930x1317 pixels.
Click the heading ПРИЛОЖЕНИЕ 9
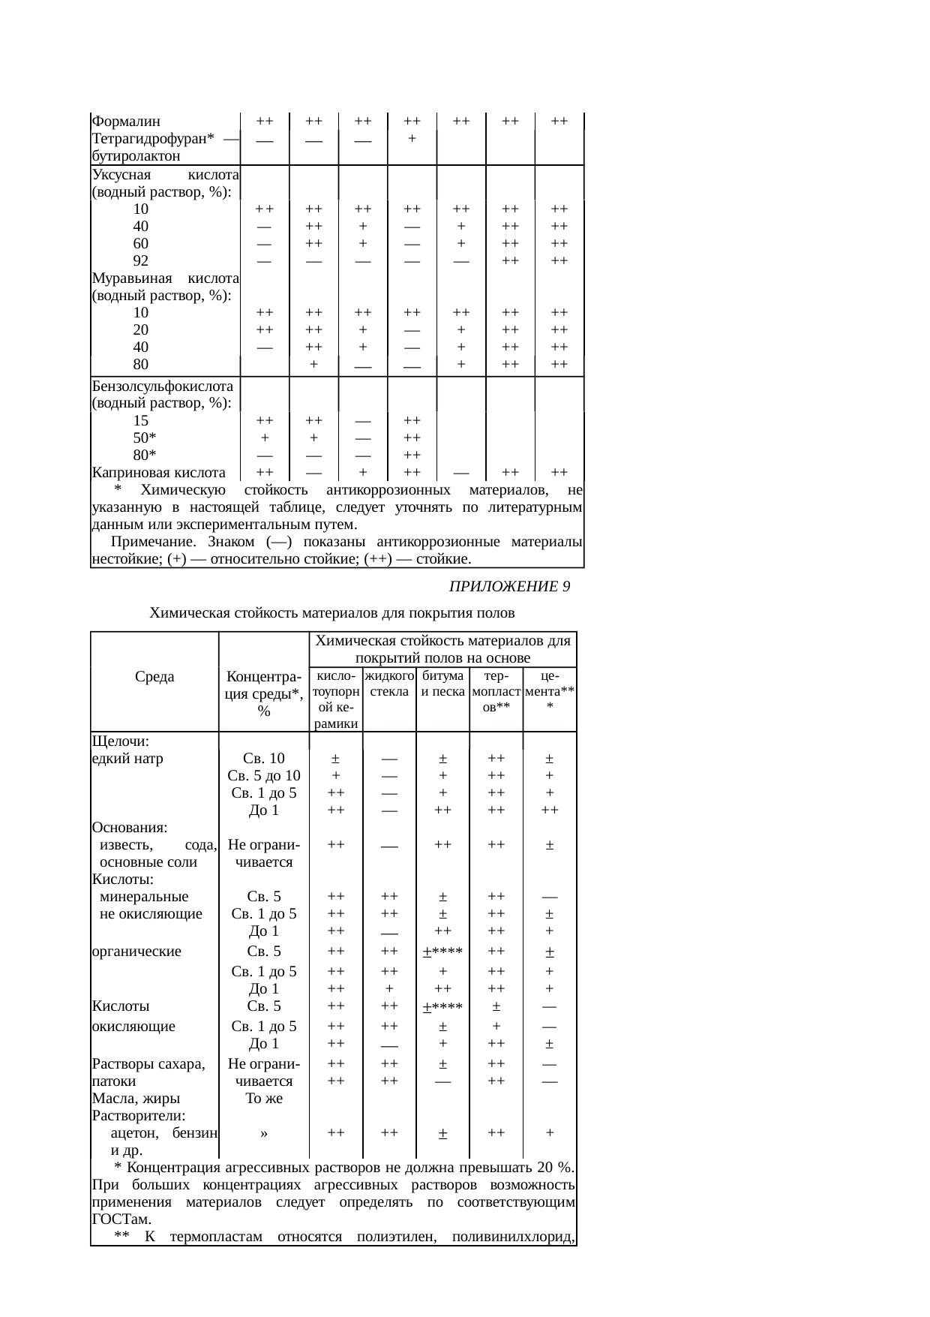pyautogui.click(x=509, y=587)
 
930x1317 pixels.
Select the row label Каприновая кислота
pyautogui.click(x=158, y=473)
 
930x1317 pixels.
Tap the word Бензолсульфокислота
pyautogui.click(x=162, y=386)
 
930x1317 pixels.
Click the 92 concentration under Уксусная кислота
pyautogui.click(x=140, y=261)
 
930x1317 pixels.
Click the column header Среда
pyautogui.click(x=154, y=677)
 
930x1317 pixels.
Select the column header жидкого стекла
pyautogui.click(x=389, y=684)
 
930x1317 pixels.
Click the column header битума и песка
pyautogui.click(x=442, y=684)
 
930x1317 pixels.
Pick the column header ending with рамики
pyautogui.click(x=336, y=723)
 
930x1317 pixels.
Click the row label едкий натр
pyautogui.click(x=127, y=759)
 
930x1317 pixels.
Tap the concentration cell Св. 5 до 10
pyautogui.click(x=264, y=776)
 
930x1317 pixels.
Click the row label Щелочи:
pyautogui.click(x=121, y=741)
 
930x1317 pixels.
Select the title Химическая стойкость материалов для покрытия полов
pyautogui.click(x=332, y=613)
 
